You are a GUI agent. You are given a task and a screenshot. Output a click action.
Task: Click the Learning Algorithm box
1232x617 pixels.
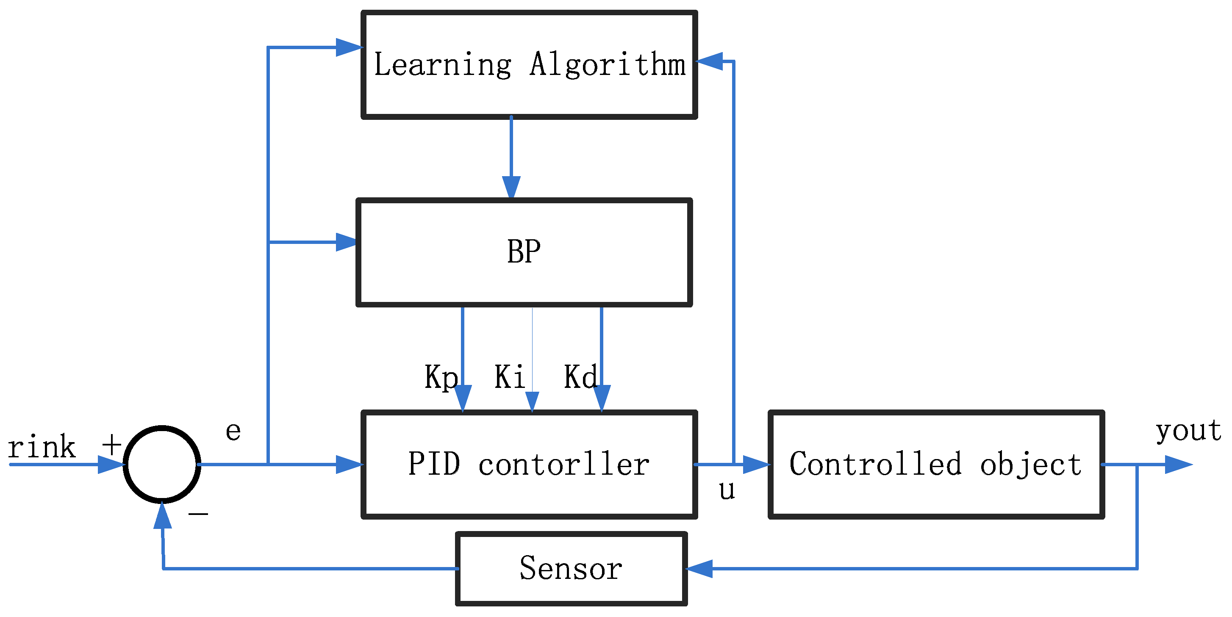click(x=529, y=64)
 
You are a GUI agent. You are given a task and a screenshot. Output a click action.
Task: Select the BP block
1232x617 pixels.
click(x=524, y=252)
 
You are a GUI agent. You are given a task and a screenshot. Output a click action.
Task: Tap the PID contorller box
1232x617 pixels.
click(x=529, y=464)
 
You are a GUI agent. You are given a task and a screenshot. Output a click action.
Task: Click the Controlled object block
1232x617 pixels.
click(x=936, y=464)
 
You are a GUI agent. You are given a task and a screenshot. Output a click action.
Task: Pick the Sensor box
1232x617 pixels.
click(x=571, y=568)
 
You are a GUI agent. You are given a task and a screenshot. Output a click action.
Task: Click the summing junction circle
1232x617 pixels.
click(x=162, y=464)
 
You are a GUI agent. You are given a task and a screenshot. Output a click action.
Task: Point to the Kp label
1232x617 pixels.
click(x=441, y=377)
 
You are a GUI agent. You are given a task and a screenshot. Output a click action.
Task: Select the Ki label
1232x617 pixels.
click(x=510, y=376)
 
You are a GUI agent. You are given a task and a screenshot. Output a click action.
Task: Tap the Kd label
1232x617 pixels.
click(x=580, y=376)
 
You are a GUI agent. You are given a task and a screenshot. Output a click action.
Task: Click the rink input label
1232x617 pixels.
click(x=42, y=447)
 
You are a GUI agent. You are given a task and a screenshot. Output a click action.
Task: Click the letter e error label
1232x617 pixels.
click(x=233, y=432)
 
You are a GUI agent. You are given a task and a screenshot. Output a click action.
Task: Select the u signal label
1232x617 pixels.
click(x=727, y=490)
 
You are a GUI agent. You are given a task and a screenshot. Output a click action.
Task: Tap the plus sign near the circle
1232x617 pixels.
click(x=112, y=445)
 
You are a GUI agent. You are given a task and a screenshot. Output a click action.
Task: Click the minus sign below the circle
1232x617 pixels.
click(x=198, y=514)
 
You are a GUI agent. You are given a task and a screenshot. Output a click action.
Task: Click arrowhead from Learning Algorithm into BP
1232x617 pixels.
click(x=511, y=187)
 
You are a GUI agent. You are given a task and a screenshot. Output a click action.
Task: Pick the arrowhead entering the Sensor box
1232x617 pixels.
click(x=699, y=569)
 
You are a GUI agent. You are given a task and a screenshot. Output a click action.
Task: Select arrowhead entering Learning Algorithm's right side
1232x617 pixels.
click(x=710, y=61)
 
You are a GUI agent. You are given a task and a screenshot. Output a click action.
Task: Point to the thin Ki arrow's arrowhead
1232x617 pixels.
click(x=532, y=401)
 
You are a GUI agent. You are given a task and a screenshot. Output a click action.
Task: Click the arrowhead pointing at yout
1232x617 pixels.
click(x=1177, y=464)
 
